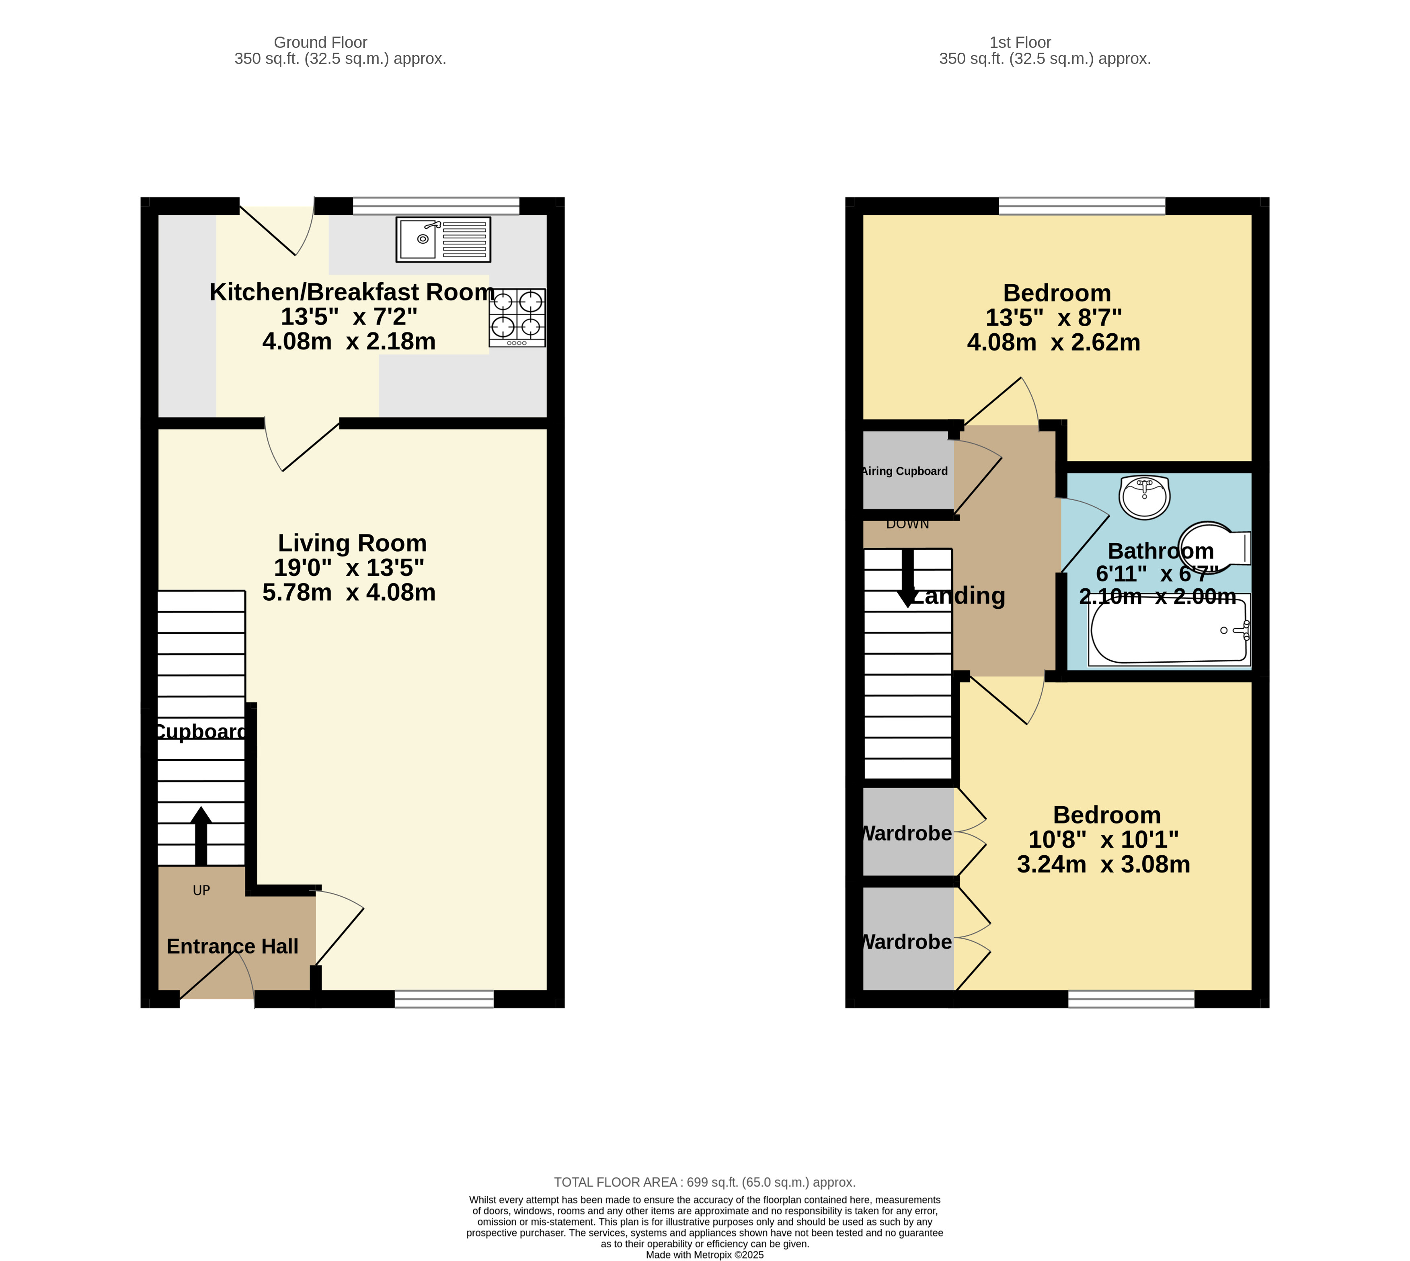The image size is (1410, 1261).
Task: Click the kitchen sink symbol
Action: coord(443,240)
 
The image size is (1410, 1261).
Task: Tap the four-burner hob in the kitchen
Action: coord(517,317)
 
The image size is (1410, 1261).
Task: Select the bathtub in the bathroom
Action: coord(1168,630)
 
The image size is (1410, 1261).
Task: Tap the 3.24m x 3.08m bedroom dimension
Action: coord(1103,864)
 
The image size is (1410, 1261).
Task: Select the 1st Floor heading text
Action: coord(1020,42)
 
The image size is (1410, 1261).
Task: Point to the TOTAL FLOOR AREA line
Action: coord(705,1182)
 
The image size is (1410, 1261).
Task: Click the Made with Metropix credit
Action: coord(705,1255)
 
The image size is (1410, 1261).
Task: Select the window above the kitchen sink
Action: coord(436,206)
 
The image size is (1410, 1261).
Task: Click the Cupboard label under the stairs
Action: coord(200,732)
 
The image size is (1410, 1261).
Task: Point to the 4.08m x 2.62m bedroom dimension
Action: coord(1053,342)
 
